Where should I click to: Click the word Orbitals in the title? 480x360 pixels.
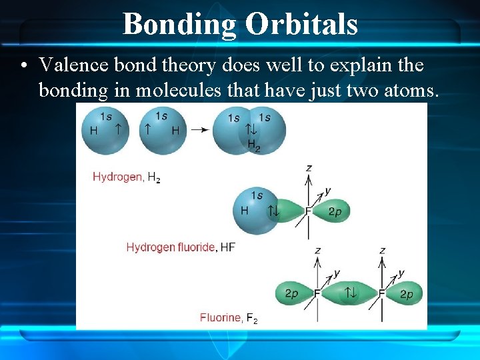tap(301, 24)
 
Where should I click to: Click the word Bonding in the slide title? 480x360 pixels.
tap(180, 24)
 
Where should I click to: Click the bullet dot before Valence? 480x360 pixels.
tap(24, 65)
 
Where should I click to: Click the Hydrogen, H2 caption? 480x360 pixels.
tap(126, 177)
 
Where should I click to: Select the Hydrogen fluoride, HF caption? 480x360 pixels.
tap(181, 247)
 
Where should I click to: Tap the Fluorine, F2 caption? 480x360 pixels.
tap(228, 317)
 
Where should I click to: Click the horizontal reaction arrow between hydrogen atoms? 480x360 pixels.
tap(199, 129)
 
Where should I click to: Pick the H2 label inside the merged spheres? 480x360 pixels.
tap(253, 145)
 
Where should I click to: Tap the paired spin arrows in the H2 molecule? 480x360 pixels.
tap(251, 130)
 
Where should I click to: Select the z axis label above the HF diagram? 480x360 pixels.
tap(309, 167)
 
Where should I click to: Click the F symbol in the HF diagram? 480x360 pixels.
tap(308, 211)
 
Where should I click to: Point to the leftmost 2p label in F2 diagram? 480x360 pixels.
tap(291, 293)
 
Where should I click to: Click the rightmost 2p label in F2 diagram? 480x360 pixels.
tap(406, 293)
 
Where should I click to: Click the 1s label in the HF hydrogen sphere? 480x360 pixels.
tap(257, 195)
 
